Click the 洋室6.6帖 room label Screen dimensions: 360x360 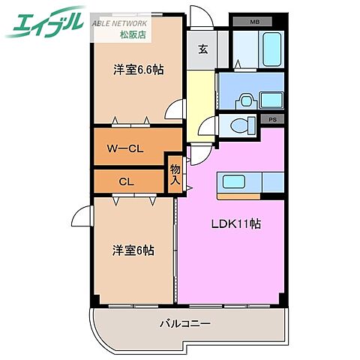[139, 70]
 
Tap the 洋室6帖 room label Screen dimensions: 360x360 [134, 250]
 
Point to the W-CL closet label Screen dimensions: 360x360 [125, 148]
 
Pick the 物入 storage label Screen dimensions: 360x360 [175, 175]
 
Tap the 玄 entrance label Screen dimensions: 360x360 [202, 49]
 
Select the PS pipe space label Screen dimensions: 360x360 [271, 119]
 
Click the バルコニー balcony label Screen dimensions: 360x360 [184, 324]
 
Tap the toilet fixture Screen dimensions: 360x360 [242, 125]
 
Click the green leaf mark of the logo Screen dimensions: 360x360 [16, 28]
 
